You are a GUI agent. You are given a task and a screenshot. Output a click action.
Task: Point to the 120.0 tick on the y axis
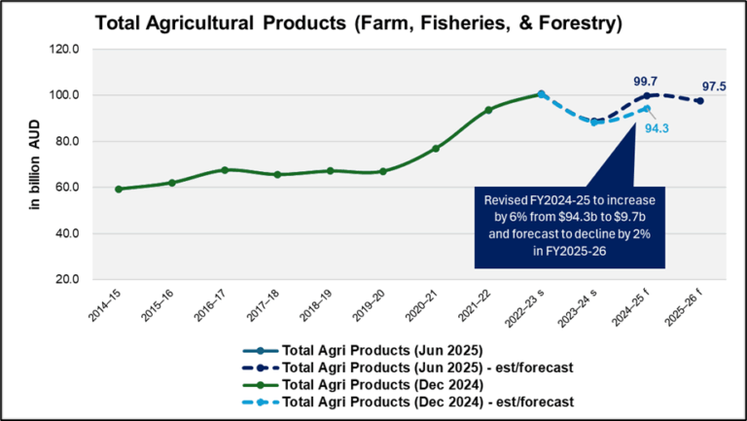[75, 50]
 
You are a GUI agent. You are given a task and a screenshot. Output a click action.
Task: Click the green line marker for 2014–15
[119, 189]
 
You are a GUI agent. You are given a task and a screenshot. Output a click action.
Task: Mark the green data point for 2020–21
[436, 149]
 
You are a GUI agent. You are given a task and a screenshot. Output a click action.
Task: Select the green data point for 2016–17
[225, 169]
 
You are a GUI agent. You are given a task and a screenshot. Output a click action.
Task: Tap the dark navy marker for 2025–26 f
[699, 101]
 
